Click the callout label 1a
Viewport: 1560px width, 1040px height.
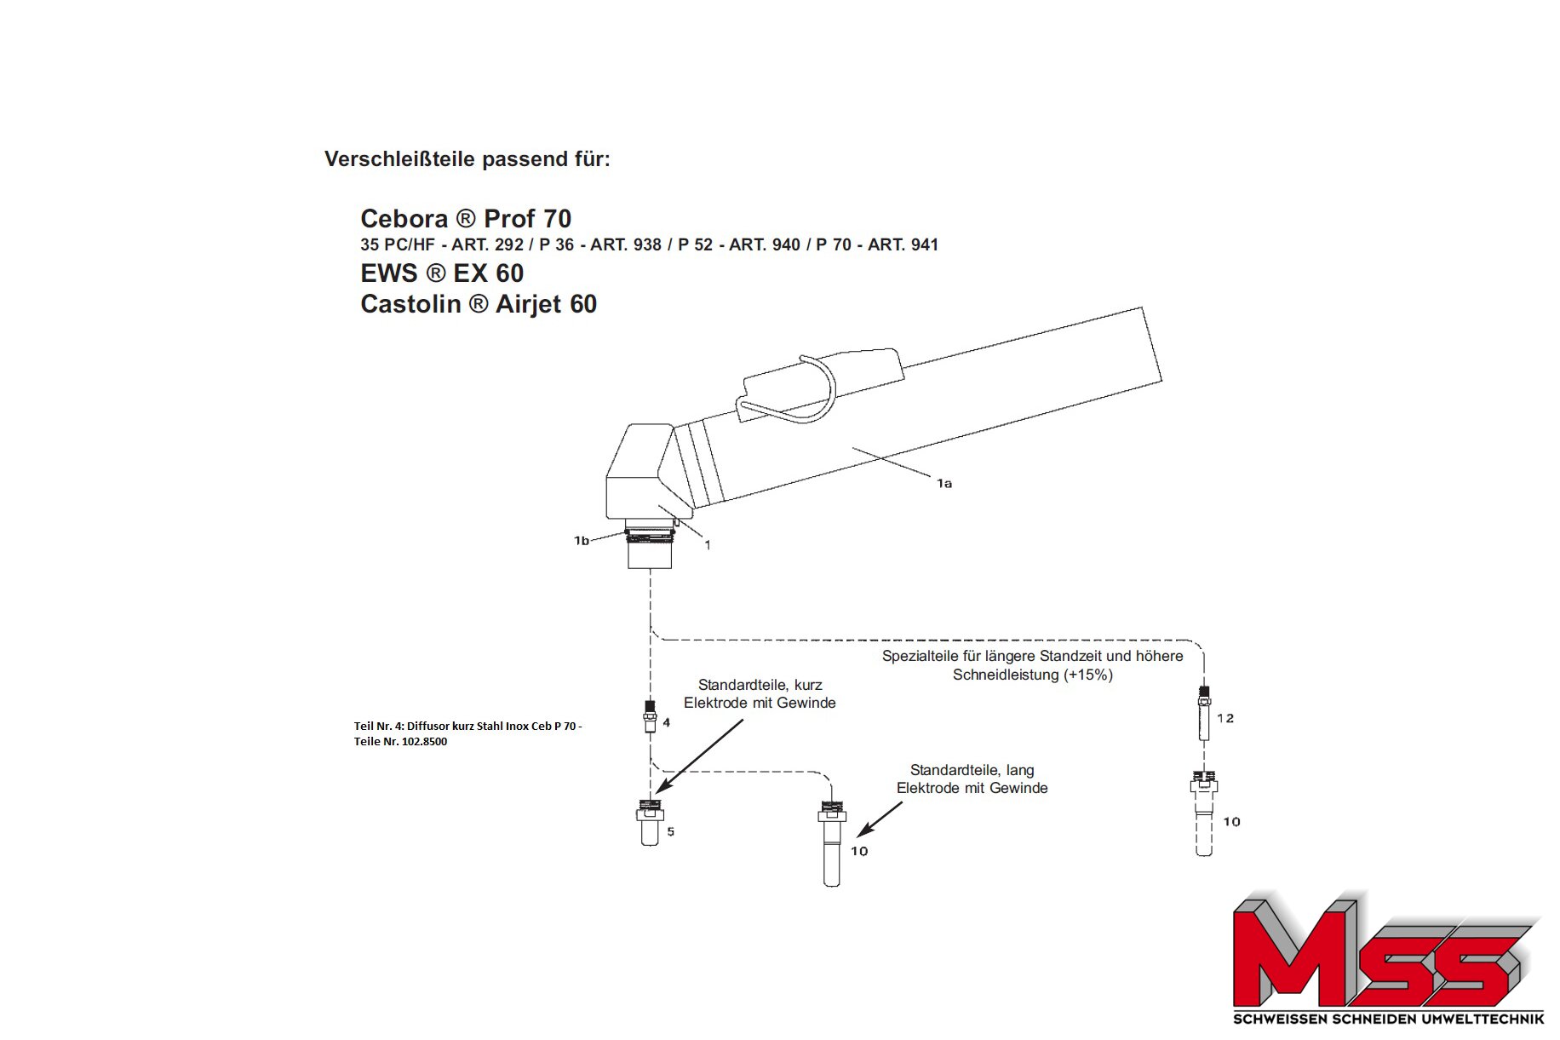pyautogui.click(x=944, y=484)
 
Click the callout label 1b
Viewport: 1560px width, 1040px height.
pyautogui.click(x=582, y=541)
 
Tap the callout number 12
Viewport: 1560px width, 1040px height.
pyautogui.click(x=1225, y=718)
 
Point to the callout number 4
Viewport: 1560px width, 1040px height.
pyautogui.click(x=667, y=722)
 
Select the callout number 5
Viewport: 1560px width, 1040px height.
pyautogui.click(x=671, y=831)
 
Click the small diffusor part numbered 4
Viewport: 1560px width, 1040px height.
pyautogui.click(x=650, y=716)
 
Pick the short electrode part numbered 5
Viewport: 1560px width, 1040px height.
pyautogui.click(x=651, y=822)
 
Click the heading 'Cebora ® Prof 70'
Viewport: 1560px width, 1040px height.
pyautogui.click(x=466, y=219)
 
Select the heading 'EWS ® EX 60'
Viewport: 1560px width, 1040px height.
pyautogui.click(x=442, y=273)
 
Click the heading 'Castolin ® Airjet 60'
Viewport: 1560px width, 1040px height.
pyautogui.click(x=479, y=304)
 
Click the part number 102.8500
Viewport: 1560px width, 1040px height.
pyautogui.click(x=424, y=742)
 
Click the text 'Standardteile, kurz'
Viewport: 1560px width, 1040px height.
pyautogui.click(x=760, y=685)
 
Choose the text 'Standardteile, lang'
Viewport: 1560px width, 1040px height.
pyautogui.click(x=972, y=771)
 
